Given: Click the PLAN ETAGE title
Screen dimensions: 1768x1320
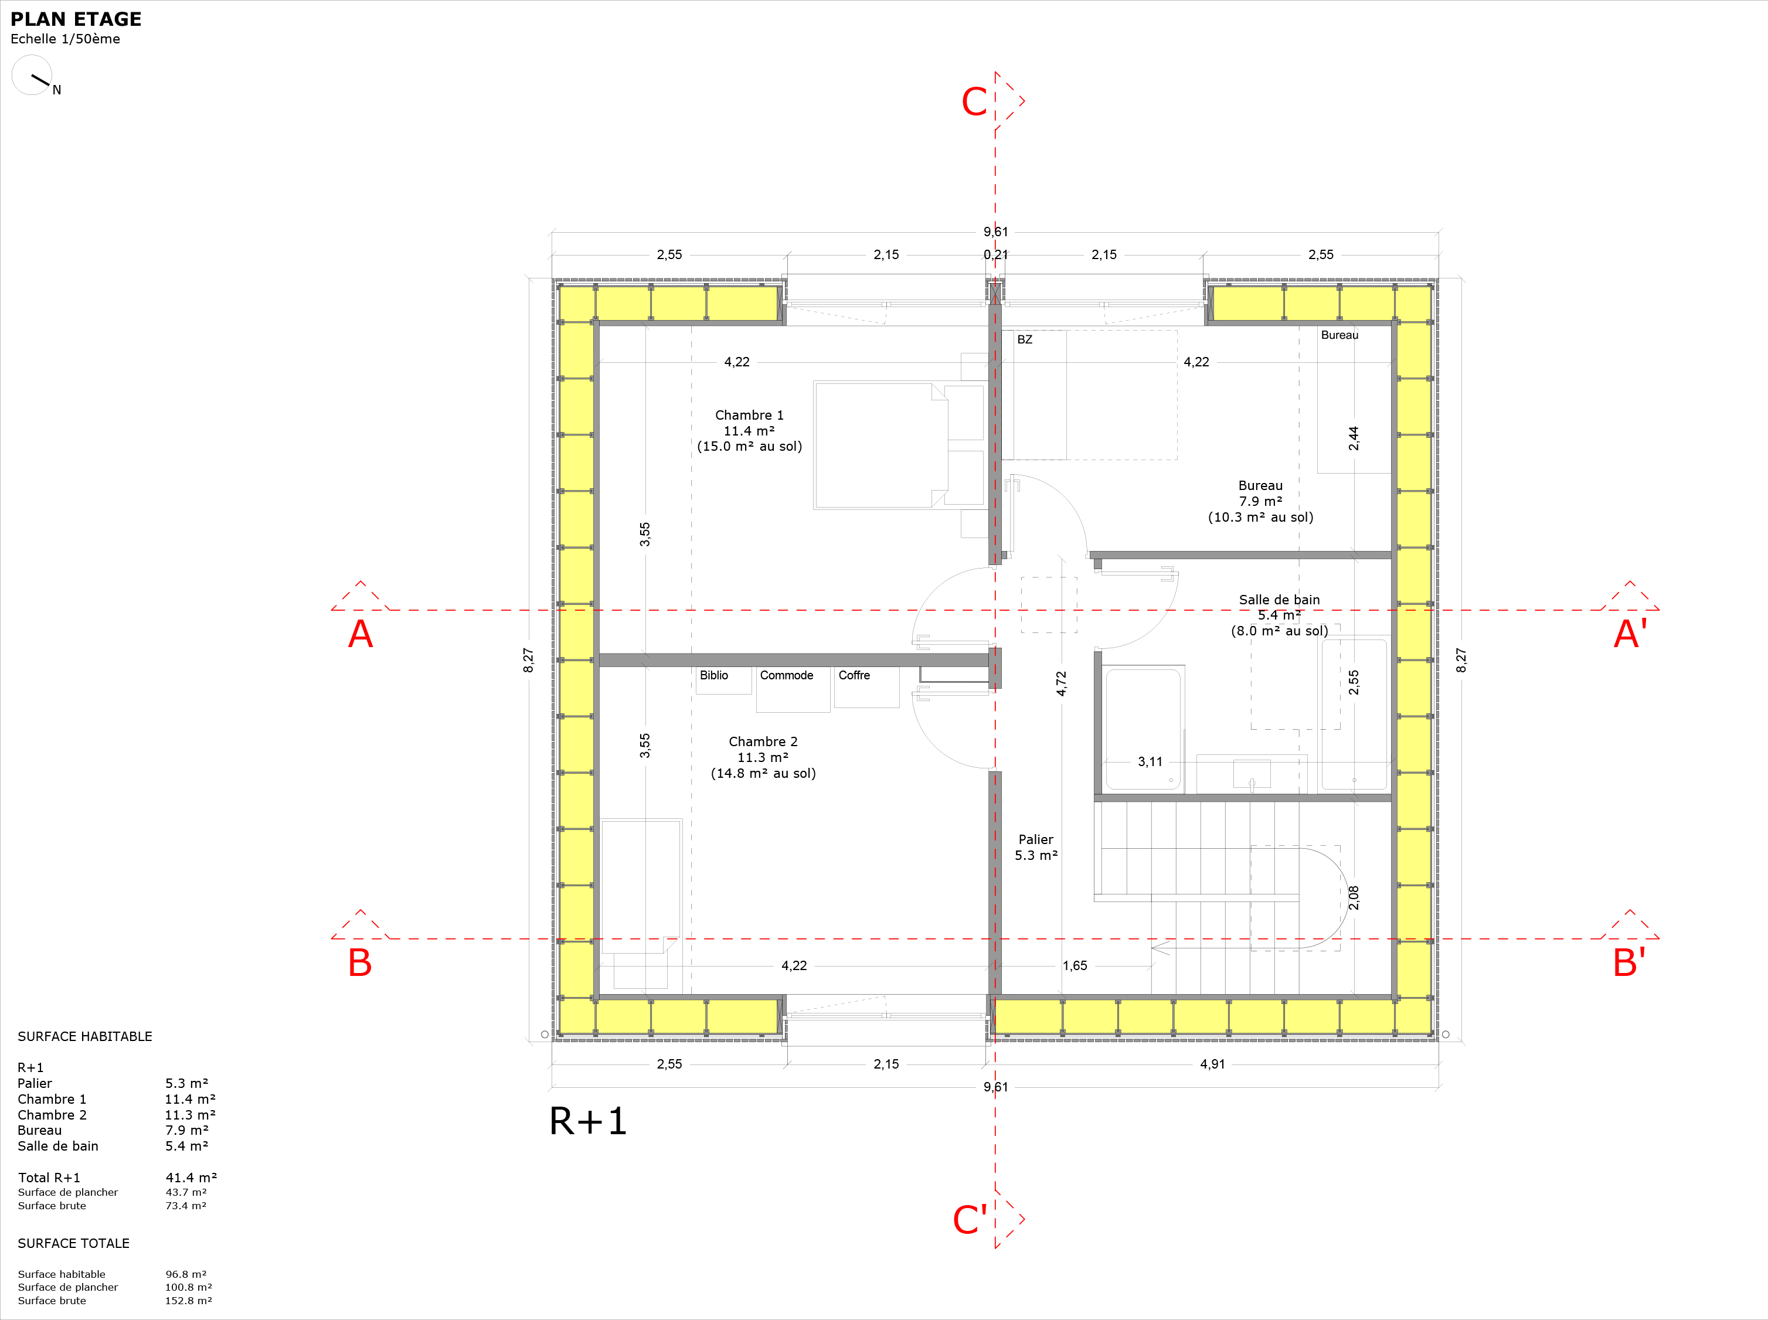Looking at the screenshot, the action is click(x=76, y=19).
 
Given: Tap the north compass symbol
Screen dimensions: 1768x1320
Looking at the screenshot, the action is click(x=32, y=75).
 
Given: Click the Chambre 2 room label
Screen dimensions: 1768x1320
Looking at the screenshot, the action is click(x=763, y=757).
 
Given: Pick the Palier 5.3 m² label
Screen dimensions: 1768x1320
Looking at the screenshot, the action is click(x=1036, y=847).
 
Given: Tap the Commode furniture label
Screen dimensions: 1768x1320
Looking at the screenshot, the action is click(x=786, y=675).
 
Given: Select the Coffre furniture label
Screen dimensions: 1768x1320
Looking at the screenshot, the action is click(x=854, y=675).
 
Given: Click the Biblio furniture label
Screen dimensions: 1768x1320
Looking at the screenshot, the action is click(x=713, y=675).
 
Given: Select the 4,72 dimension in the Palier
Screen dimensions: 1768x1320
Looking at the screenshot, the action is click(x=1061, y=683).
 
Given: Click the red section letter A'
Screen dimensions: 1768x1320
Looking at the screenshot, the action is click(x=1630, y=634).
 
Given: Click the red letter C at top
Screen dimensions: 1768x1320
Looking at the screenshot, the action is click(x=974, y=102).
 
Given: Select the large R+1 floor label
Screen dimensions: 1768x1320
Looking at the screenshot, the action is click(x=588, y=1121).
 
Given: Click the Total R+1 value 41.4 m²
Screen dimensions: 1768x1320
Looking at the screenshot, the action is click(x=191, y=1178).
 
